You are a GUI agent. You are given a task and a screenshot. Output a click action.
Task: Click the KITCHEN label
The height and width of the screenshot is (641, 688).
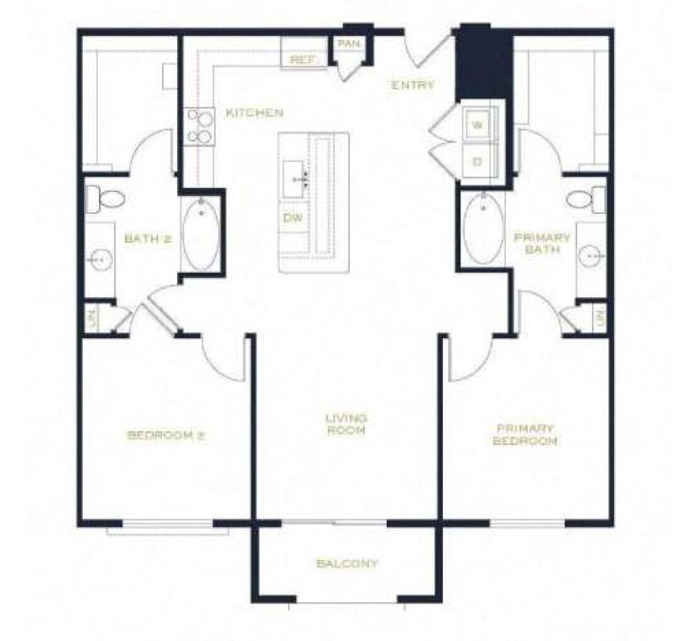click(254, 113)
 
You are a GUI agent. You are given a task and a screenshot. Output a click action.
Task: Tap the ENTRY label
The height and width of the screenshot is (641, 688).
click(413, 86)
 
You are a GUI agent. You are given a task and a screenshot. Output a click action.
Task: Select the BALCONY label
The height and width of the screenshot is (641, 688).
click(347, 563)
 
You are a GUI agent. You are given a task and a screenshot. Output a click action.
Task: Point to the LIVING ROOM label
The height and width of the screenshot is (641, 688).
click(346, 424)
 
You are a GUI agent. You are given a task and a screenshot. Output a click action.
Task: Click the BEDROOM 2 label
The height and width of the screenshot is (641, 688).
click(167, 435)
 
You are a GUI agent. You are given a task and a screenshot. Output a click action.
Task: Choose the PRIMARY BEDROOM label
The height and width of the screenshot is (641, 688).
click(525, 434)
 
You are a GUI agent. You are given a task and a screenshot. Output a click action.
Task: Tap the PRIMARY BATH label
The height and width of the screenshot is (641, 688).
click(542, 243)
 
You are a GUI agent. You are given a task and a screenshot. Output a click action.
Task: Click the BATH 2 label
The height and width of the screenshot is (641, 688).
click(148, 238)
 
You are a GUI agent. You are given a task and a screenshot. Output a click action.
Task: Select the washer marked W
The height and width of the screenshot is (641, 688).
click(478, 125)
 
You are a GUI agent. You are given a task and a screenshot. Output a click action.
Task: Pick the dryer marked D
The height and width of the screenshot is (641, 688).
click(478, 162)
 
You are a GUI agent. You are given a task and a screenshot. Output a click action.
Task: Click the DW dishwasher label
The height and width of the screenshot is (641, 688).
click(291, 218)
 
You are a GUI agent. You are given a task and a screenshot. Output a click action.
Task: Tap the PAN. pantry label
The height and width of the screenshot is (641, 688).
click(348, 44)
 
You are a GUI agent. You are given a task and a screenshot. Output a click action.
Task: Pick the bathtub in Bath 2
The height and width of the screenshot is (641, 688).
click(201, 233)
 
